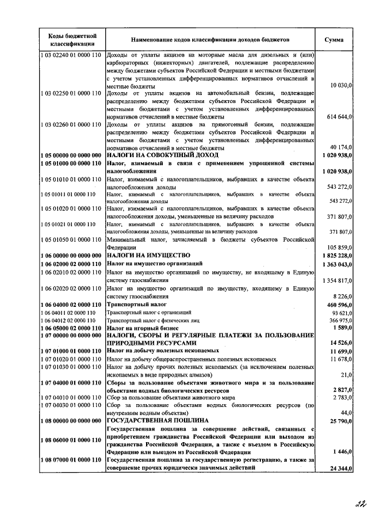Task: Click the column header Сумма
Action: (x=335, y=40)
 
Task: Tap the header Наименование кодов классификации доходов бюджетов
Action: (x=210, y=40)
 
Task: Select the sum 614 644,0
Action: (x=339, y=117)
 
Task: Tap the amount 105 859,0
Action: (x=339, y=247)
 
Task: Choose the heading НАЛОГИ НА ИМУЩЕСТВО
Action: (x=148, y=255)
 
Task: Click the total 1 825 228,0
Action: (x=336, y=255)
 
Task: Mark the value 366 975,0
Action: (x=339, y=320)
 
